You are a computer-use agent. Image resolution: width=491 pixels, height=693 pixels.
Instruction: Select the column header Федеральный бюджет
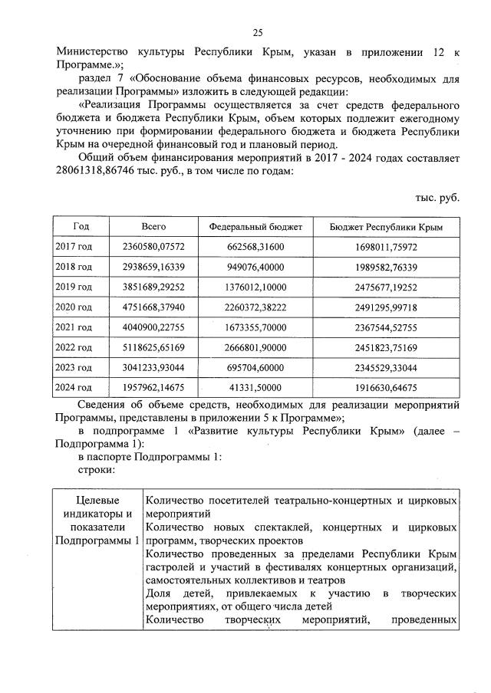(x=255, y=228)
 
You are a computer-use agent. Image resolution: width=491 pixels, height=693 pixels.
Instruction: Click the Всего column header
(x=154, y=228)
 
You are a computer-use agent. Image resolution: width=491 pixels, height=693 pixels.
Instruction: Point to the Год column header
(x=81, y=228)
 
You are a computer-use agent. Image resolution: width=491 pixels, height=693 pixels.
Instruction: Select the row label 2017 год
(x=74, y=248)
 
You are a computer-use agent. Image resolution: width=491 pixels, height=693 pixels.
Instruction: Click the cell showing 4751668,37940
(x=154, y=307)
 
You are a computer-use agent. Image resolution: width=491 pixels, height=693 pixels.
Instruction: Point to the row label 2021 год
(x=74, y=327)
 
